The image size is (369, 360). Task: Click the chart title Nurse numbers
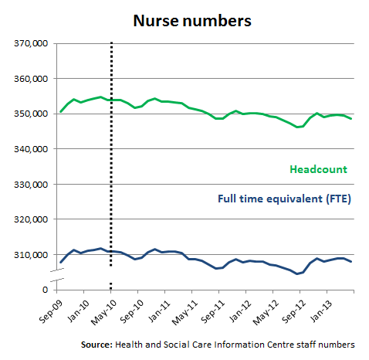(192, 21)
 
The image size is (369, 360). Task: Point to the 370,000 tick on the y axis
(31, 43)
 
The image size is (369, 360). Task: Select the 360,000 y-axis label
(31, 79)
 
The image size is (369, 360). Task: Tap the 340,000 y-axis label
(31, 149)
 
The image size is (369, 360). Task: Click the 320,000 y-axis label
(31, 219)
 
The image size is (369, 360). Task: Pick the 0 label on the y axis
(45, 290)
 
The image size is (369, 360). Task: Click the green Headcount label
(318, 169)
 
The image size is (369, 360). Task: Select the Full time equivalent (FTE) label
(284, 199)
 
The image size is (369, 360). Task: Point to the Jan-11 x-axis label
(159, 311)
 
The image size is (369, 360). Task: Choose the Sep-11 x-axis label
(213, 311)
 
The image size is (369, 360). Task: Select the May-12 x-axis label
(266, 312)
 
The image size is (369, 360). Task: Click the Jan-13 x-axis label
(321, 311)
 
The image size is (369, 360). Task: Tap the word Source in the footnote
(96, 345)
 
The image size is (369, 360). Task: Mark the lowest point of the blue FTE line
(297, 273)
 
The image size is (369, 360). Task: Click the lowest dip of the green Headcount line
(297, 127)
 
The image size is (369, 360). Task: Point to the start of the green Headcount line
(60, 112)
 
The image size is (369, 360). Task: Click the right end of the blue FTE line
(351, 262)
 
